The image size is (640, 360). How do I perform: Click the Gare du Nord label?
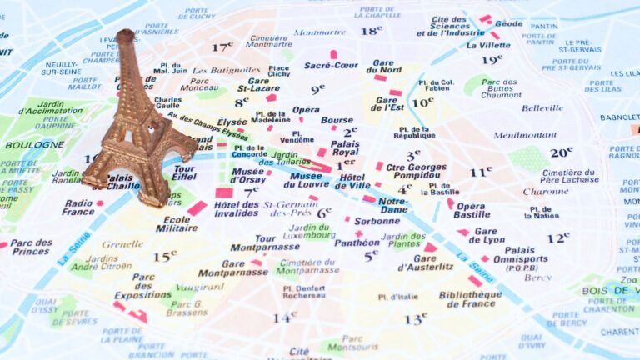coord(386,67)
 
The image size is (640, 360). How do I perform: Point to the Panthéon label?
coord(357,243)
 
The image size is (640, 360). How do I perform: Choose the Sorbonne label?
coord(377,222)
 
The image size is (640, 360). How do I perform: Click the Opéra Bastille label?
coord(472,210)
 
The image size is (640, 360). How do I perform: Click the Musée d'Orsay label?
coord(247,176)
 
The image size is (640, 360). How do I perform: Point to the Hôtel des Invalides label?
coord(237,209)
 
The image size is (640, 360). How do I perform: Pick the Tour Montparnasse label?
coord(254,242)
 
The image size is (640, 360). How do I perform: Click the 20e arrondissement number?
coord(561,152)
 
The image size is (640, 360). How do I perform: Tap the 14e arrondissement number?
coord(285,317)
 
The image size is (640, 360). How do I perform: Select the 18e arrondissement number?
coord(372,31)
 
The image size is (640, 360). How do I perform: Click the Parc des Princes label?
coord(32,247)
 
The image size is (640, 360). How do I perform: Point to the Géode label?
coord(508,23)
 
